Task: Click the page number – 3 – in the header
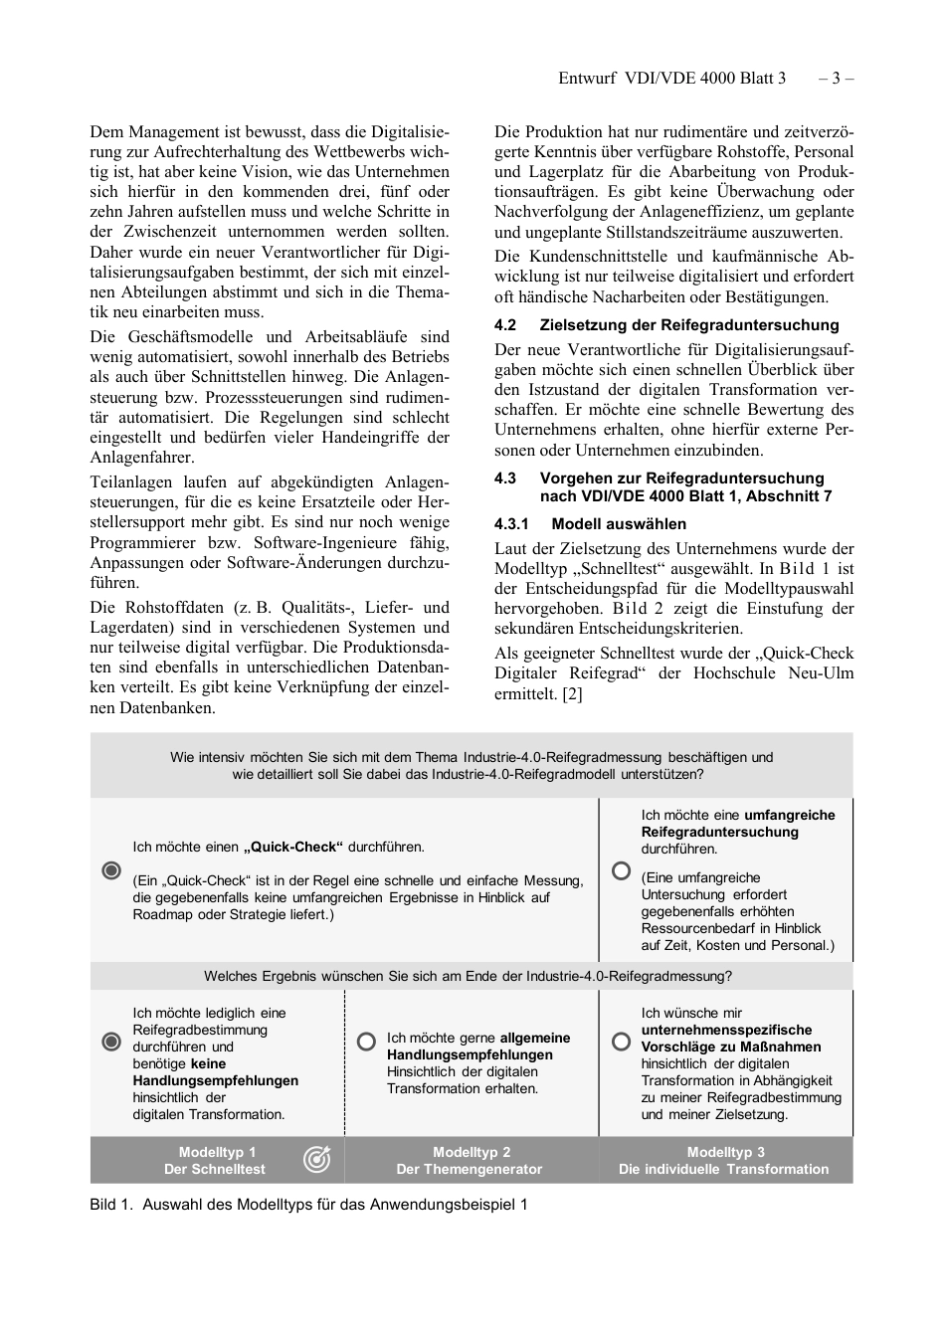coord(836,78)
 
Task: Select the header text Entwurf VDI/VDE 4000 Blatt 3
coord(671,78)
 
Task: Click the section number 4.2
coord(505,325)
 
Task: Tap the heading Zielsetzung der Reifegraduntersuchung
coord(688,325)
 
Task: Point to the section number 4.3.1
coord(511,524)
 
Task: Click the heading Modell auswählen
coord(619,524)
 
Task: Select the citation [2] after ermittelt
coord(572,693)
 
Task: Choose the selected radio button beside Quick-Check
coord(111,870)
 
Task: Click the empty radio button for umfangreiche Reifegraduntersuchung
coord(621,870)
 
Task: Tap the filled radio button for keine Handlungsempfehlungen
coord(111,1042)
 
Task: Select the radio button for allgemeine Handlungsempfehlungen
coord(366,1041)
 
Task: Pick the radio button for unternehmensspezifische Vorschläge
coord(621,1041)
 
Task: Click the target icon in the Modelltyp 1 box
coord(316,1159)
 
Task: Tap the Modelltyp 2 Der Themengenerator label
coord(471,1161)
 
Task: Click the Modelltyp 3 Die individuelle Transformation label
coord(724,1161)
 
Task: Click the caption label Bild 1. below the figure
coord(110,1205)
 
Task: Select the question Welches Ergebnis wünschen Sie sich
coord(468,976)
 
